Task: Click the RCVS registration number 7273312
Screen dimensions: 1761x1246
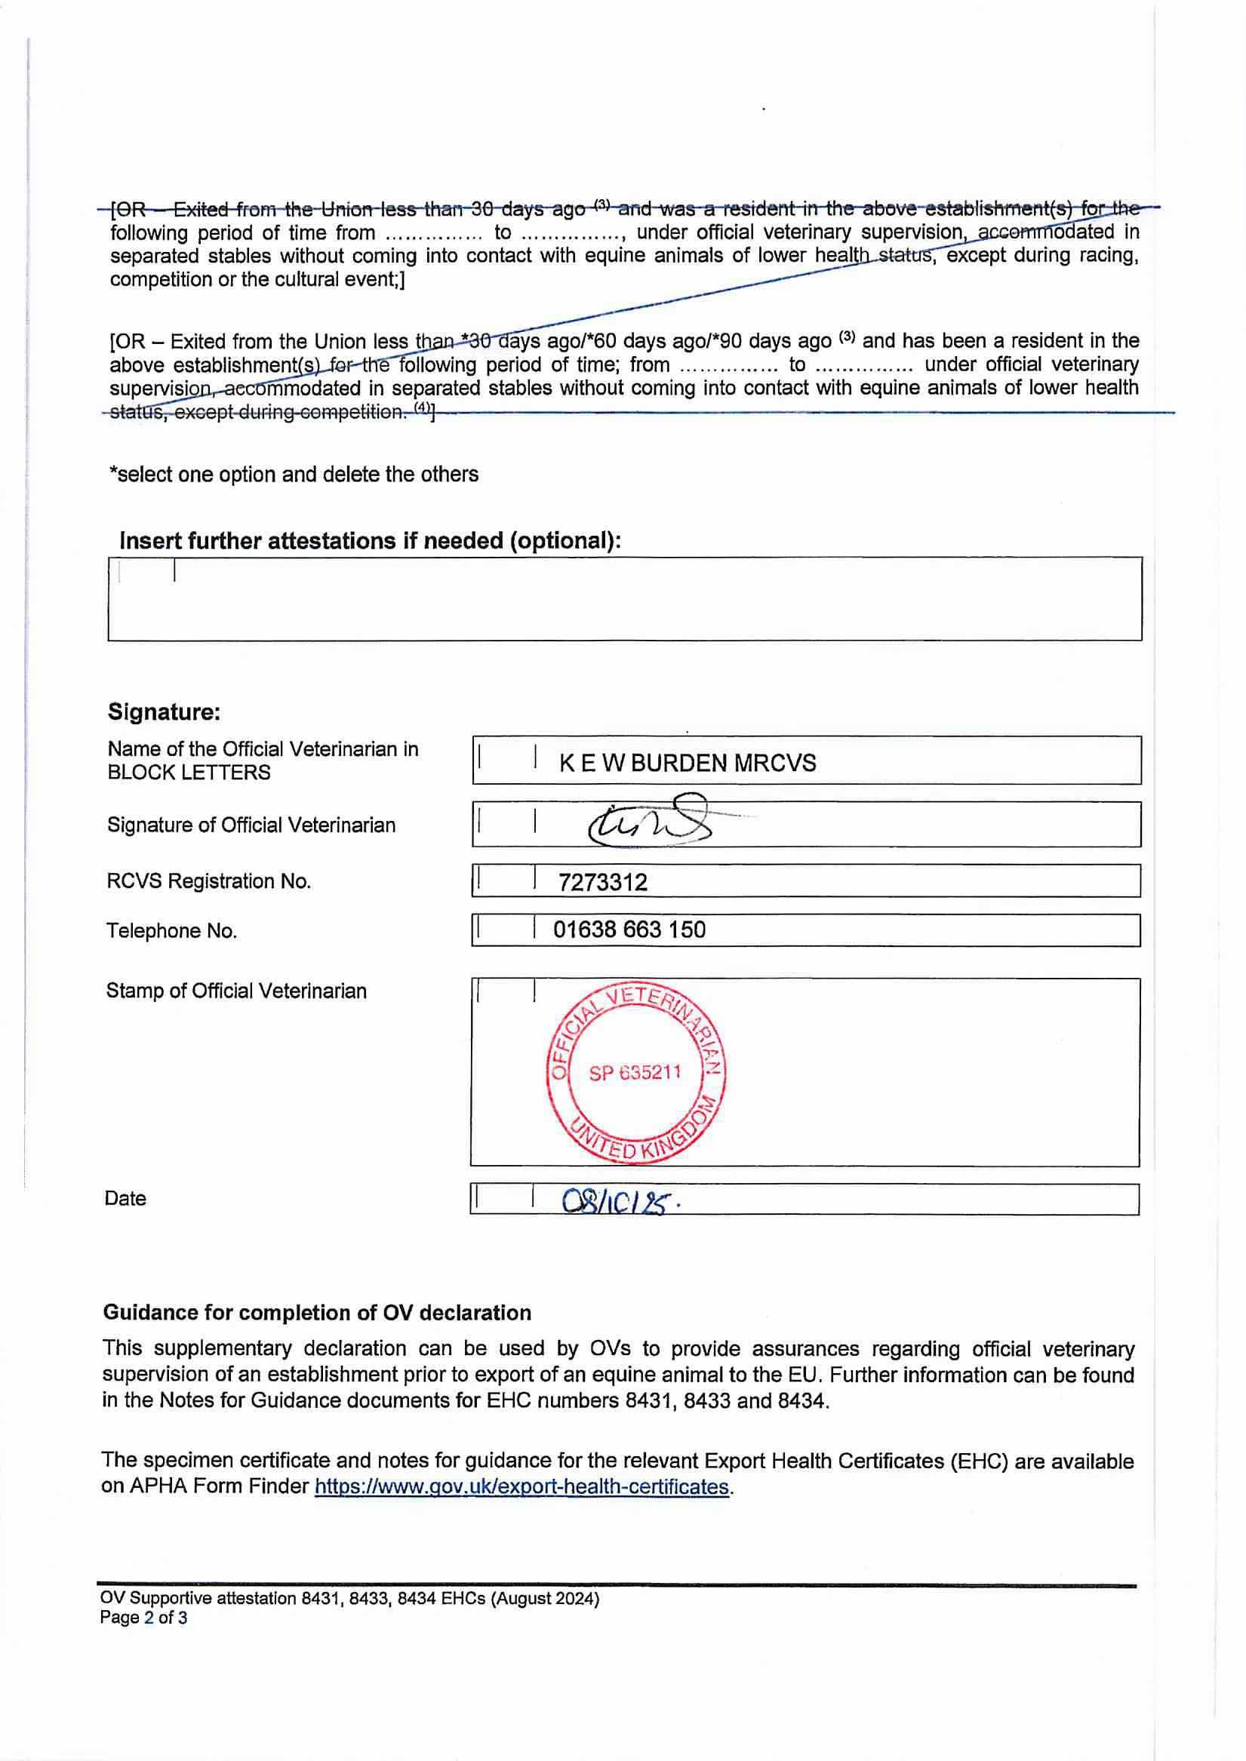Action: tap(603, 882)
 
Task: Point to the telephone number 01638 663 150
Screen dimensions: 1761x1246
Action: tap(629, 930)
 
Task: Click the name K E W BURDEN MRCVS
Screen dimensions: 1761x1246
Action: tap(688, 762)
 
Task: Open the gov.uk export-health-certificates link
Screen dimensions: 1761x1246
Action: tap(521, 1486)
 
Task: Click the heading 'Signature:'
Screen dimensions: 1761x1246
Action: tap(165, 711)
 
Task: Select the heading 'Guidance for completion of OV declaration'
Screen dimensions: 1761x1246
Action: tap(317, 1312)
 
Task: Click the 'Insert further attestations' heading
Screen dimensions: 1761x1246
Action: tap(370, 540)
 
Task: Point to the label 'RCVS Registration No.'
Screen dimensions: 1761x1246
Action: tap(209, 881)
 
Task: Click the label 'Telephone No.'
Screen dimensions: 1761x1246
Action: tap(172, 930)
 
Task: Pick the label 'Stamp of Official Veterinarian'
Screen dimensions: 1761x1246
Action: tap(236, 991)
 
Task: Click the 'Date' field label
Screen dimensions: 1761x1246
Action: tap(125, 1199)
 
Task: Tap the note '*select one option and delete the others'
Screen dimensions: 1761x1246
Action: tap(294, 474)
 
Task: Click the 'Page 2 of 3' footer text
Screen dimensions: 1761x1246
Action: tap(143, 1618)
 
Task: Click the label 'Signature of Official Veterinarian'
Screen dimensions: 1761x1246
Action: tap(251, 825)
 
